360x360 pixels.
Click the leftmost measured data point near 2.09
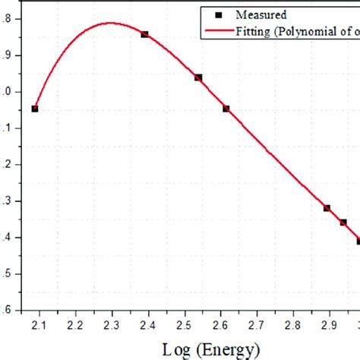pos(35,109)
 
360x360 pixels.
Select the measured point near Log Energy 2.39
pos(144,34)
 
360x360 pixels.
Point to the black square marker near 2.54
pos(198,77)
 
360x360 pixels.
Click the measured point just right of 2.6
pos(226,109)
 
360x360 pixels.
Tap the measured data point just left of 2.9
pos(327,207)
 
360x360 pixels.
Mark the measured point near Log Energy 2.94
pos(343,223)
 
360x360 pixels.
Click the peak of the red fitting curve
pos(111,22)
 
